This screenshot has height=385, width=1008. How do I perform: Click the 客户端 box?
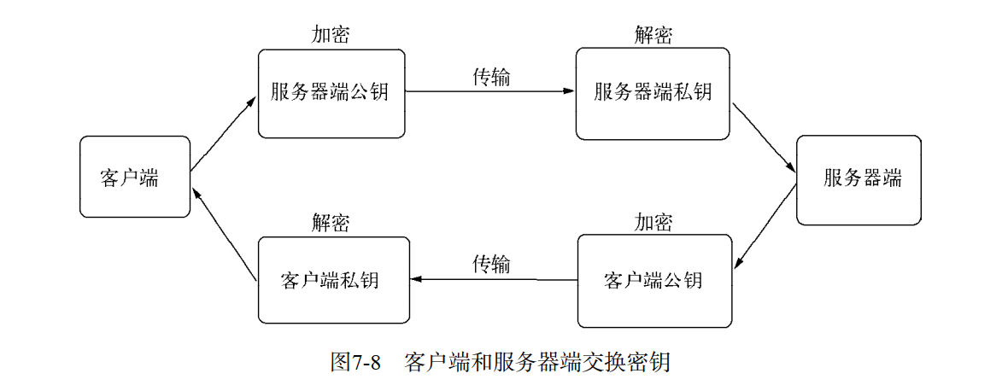point(134,177)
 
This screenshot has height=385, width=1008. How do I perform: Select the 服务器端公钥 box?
point(331,93)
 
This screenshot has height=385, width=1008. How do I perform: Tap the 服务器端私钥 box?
point(653,93)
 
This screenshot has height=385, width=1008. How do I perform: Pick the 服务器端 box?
point(859,180)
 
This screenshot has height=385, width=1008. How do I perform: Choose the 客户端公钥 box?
point(654,281)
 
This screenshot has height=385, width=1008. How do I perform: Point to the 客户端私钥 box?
point(333,280)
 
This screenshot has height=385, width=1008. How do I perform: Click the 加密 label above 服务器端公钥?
point(330,35)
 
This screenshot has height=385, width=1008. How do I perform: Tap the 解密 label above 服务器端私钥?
point(653,35)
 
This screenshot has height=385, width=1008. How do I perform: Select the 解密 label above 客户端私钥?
point(330,224)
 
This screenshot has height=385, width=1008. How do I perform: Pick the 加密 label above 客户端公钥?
point(653,224)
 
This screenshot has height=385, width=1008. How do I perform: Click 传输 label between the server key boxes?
point(491,77)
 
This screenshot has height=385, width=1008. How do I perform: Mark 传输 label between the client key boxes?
point(491,265)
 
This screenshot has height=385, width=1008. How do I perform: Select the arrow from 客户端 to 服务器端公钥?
point(223,133)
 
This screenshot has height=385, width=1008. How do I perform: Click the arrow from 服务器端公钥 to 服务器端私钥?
point(490,90)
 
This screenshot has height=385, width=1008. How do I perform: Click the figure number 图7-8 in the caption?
point(355,361)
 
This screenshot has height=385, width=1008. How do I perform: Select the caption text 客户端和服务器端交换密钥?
point(537,361)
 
